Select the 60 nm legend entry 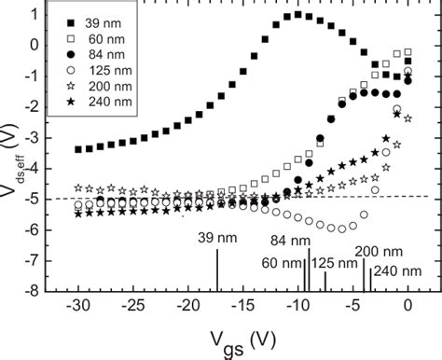(x=101, y=38)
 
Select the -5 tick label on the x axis (x=353, y=305)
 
